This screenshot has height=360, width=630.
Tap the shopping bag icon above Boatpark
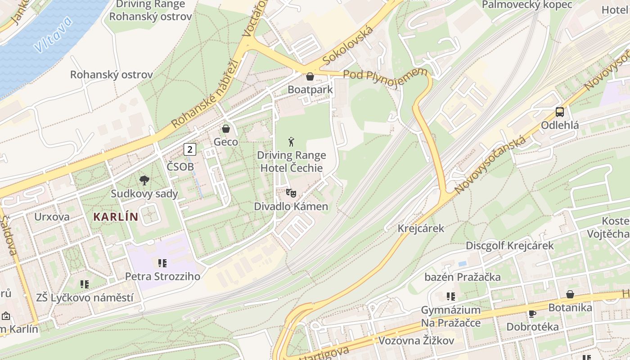pos(310,76)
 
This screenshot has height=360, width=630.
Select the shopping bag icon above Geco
pos(225,129)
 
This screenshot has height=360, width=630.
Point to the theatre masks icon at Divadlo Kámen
pos(291,193)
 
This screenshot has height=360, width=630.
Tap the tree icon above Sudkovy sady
pos(144,180)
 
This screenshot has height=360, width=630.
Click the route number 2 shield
pos(190,149)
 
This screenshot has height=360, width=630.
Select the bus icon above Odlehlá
pos(560,112)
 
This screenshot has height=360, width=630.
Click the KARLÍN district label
pos(116,217)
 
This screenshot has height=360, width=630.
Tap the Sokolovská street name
pos(348,45)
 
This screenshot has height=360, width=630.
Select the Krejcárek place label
pos(421,228)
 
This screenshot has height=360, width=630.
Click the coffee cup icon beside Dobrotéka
pos(532,314)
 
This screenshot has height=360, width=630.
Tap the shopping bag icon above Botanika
pos(570,294)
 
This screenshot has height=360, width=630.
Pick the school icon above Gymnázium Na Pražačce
pos(450,297)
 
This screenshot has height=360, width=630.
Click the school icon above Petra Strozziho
pos(162,263)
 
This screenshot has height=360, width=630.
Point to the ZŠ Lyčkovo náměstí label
pos(85,297)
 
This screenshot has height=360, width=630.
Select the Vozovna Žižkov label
pos(416,341)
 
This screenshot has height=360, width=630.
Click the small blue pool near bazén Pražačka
pos(462,263)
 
